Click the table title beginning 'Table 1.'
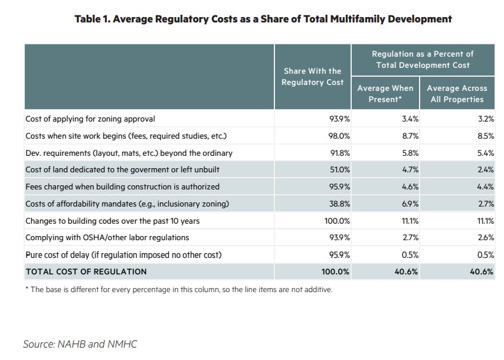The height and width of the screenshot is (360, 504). [263, 19]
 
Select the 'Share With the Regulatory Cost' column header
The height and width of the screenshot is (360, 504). [312, 76]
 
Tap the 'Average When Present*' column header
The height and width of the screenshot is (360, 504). [385, 93]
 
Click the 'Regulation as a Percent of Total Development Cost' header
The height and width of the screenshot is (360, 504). [422, 59]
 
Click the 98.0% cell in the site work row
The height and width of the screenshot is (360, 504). [339, 136]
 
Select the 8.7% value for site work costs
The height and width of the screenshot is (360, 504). [410, 136]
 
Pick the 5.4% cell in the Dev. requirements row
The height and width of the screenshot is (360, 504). [485, 153]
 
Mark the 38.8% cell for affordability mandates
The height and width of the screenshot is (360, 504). [339, 204]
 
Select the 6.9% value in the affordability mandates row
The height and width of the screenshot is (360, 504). [410, 204]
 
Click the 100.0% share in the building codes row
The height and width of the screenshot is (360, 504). [337, 221]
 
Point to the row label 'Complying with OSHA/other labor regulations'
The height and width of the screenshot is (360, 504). [107, 238]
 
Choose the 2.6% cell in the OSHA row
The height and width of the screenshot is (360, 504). [485, 238]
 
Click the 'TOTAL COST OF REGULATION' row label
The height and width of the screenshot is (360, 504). [86, 272]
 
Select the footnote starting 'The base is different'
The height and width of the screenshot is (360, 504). [179, 289]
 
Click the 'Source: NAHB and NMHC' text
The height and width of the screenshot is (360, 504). [80, 343]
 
